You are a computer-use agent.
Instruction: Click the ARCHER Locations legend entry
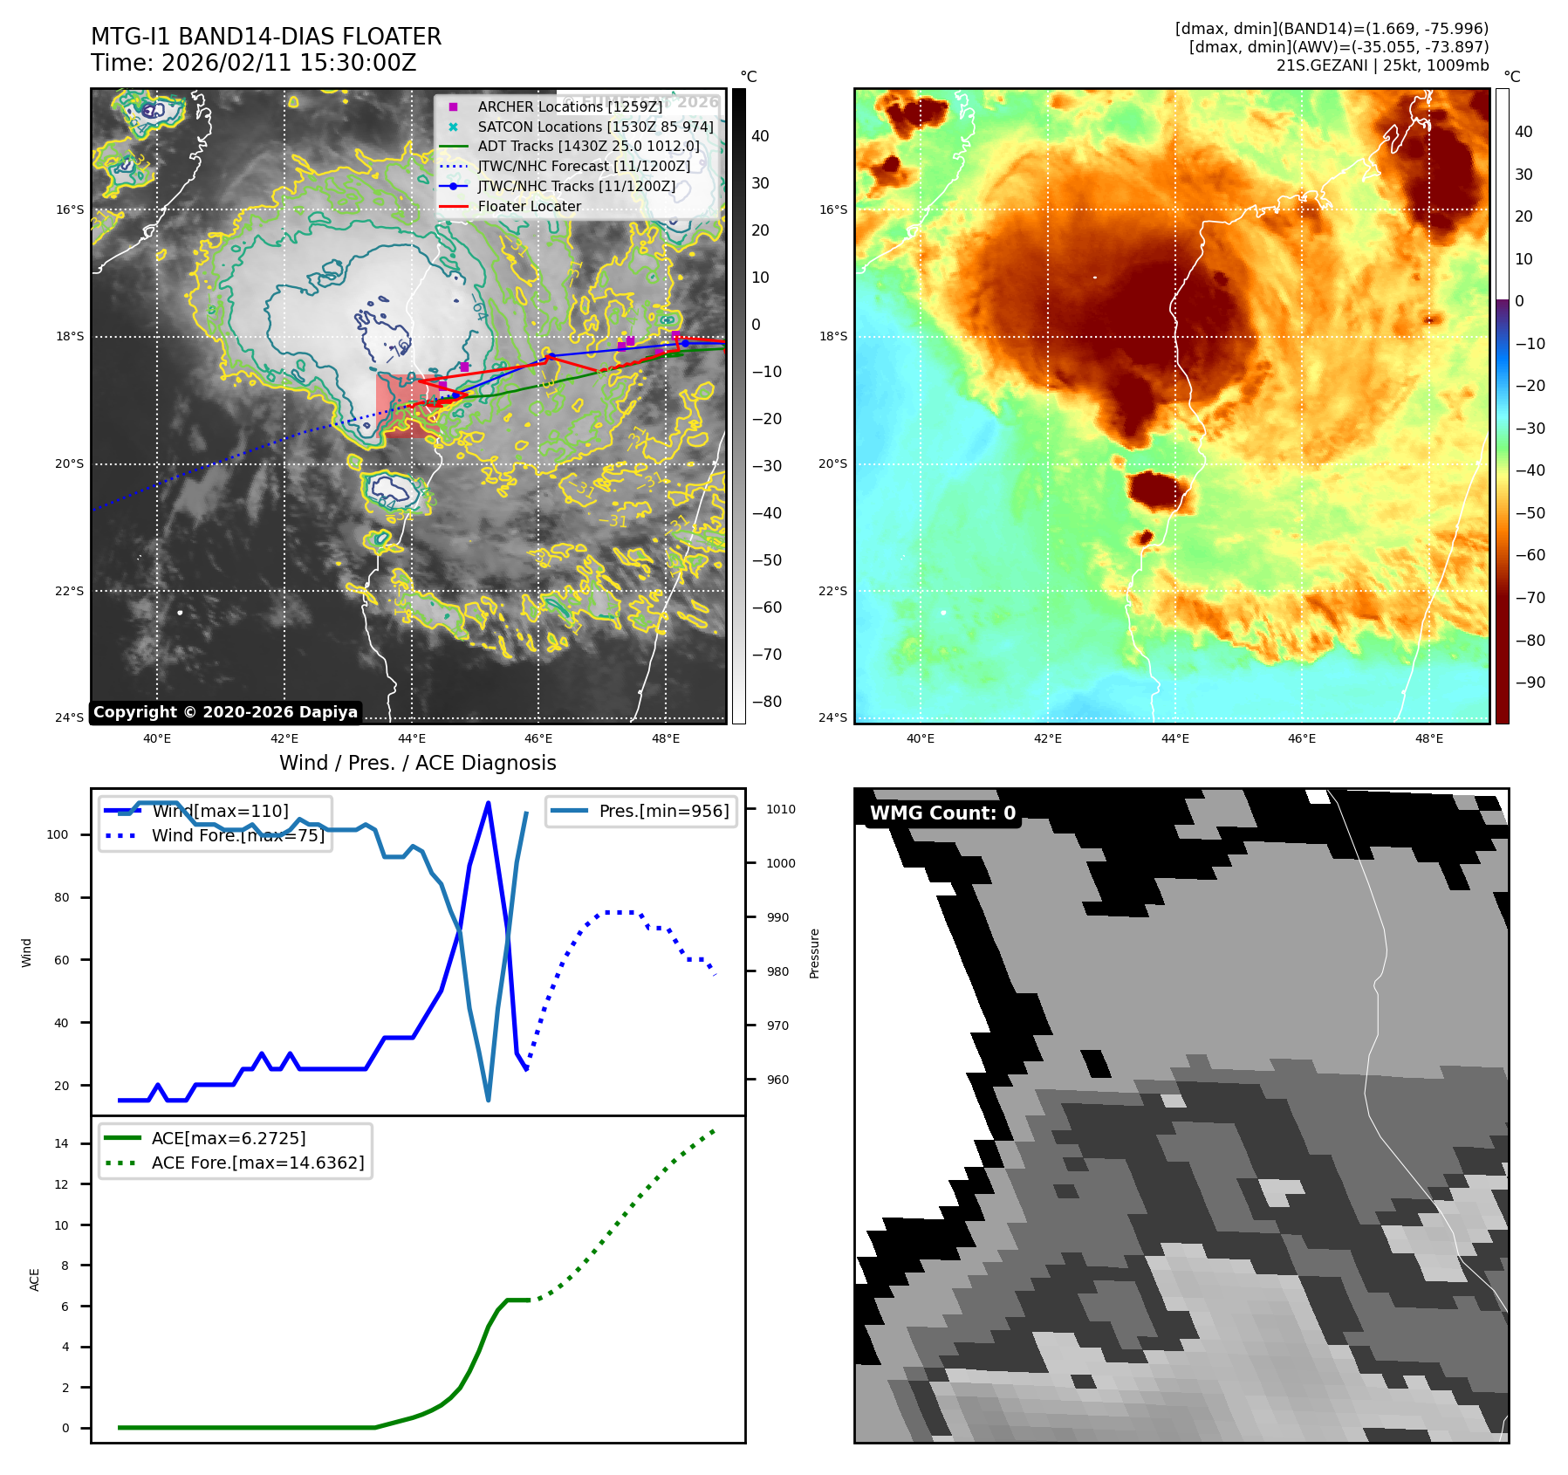(x=569, y=106)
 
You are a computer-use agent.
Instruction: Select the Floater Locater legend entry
(x=529, y=207)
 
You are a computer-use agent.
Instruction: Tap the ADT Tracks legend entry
(x=588, y=147)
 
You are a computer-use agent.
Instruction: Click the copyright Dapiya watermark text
(x=225, y=712)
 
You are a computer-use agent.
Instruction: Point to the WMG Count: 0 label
(x=942, y=813)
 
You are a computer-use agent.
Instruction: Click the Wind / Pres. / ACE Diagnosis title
(x=417, y=763)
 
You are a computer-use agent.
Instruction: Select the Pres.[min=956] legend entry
(x=663, y=811)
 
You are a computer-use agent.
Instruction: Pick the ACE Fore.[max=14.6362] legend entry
(x=257, y=1163)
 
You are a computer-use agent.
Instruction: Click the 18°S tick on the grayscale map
(x=70, y=337)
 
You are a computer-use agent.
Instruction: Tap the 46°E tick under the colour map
(x=1301, y=738)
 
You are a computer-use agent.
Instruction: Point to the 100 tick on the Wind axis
(x=58, y=834)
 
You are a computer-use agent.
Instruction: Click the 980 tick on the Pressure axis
(x=777, y=971)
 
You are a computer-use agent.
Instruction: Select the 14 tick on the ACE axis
(x=61, y=1143)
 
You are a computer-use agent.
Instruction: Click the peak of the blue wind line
(x=488, y=803)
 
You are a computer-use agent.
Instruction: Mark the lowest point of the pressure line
(x=488, y=1100)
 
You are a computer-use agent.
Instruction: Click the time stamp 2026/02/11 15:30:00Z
(x=289, y=64)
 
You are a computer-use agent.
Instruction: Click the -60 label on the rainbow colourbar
(x=1530, y=555)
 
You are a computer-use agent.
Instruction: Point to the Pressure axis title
(x=814, y=953)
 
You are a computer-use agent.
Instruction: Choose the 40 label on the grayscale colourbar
(x=760, y=136)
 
